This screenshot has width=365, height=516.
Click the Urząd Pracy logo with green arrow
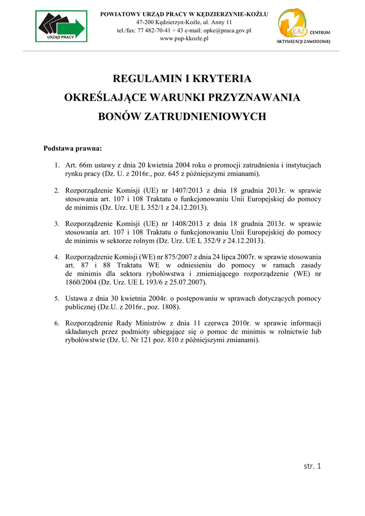click(61, 26)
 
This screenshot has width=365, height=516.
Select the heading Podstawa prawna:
click(73, 149)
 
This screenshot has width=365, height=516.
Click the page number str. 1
click(312, 466)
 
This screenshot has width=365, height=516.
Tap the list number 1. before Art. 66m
click(57, 165)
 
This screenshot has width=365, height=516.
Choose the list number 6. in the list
click(57, 323)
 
